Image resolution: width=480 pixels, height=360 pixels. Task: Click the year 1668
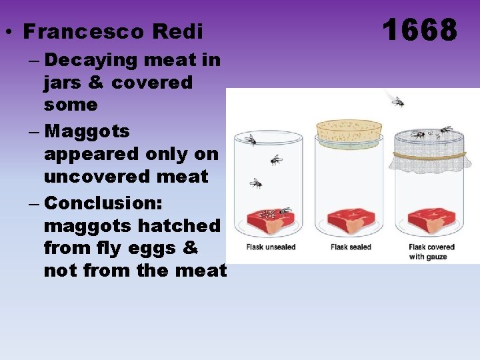click(420, 30)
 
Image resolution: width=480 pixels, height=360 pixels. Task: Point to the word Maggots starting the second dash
click(87, 131)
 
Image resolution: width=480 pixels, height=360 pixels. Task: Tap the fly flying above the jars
click(397, 102)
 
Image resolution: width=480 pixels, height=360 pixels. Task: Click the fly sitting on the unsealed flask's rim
click(250, 140)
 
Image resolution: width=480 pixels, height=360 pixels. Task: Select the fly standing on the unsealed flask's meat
click(285, 211)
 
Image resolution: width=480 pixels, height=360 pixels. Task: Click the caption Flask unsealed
click(271, 247)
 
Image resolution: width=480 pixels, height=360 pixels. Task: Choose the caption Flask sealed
click(351, 247)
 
